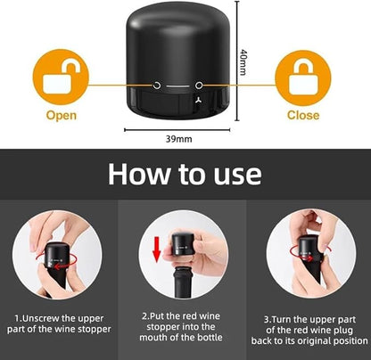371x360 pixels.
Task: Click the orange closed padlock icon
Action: pos(303,78)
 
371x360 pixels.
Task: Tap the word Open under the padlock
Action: pos(62,116)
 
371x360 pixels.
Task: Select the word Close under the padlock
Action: pos(303,115)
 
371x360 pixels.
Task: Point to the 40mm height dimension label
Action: pos(243,62)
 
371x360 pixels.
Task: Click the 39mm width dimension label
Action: pos(178,139)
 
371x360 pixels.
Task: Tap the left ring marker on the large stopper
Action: pos(157,86)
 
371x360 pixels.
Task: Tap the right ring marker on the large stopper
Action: pos(199,86)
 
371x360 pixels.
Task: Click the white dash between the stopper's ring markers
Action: pos(177,86)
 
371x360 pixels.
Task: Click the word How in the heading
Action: pos(139,174)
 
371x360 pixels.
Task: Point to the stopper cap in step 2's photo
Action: pos(183,244)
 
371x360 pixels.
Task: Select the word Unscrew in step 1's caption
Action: pos(41,318)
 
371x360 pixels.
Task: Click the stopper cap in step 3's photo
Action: pos(309,249)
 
